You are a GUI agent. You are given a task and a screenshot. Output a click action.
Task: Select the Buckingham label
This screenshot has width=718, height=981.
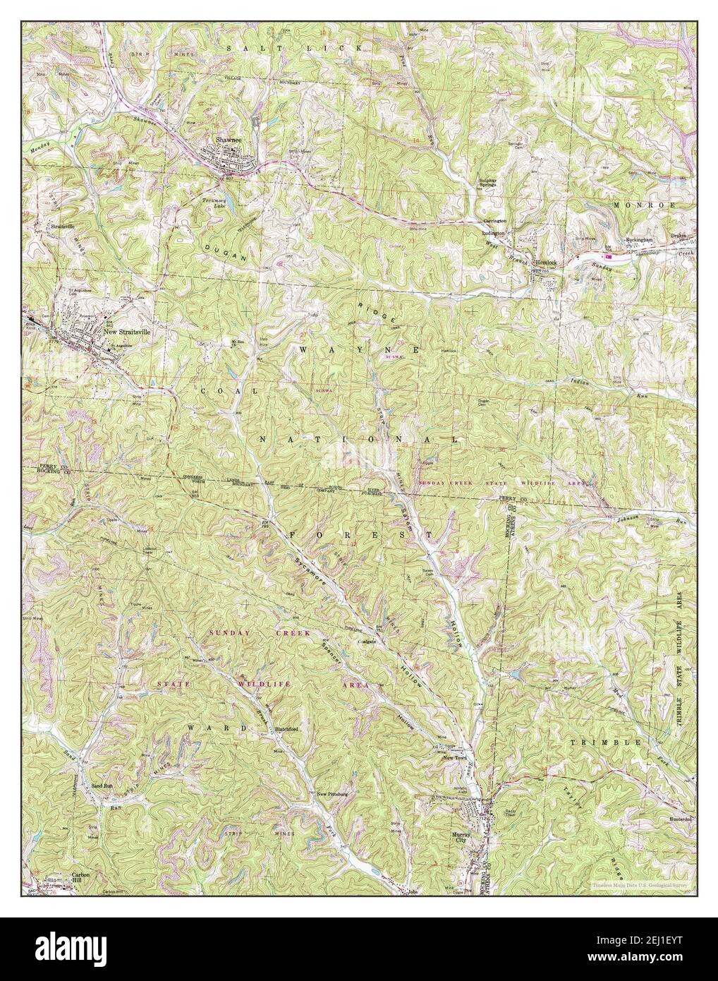click(641, 239)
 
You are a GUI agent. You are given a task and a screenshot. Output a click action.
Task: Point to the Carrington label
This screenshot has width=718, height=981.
click(492, 221)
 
